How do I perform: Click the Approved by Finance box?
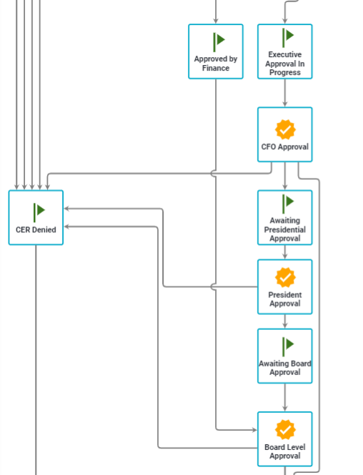pyautogui.click(x=215, y=51)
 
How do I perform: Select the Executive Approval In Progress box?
pyautogui.click(x=285, y=51)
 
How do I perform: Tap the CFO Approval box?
pyautogui.click(x=285, y=134)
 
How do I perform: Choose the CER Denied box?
pyautogui.click(x=36, y=218)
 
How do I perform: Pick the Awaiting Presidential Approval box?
pyautogui.click(x=285, y=218)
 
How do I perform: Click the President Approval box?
pyautogui.click(x=285, y=286)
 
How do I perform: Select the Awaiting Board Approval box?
pyautogui.click(x=285, y=356)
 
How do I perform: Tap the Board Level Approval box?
pyautogui.click(x=285, y=439)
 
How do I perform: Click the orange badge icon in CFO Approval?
pyautogui.click(x=285, y=130)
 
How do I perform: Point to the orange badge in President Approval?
pyautogui.click(x=285, y=277)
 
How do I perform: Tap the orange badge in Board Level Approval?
pyautogui.click(x=285, y=429)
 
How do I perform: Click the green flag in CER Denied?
pyautogui.click(x=39, y=212)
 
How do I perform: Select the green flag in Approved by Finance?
pyautogui.click(x=219, y=42)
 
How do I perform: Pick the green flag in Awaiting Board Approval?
pyautogui.click(x=288, y=346)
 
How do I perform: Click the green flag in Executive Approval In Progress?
pyautogui.click(x=288, y=38)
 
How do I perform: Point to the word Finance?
pyautogui.click(x=216, y=68)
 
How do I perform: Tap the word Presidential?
pyautogui.click(x=285, y=229)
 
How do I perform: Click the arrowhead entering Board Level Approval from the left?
pyautogui.click(x=254, y=429)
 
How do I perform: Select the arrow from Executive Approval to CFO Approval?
pyautogui.click(x=285, y=93)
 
